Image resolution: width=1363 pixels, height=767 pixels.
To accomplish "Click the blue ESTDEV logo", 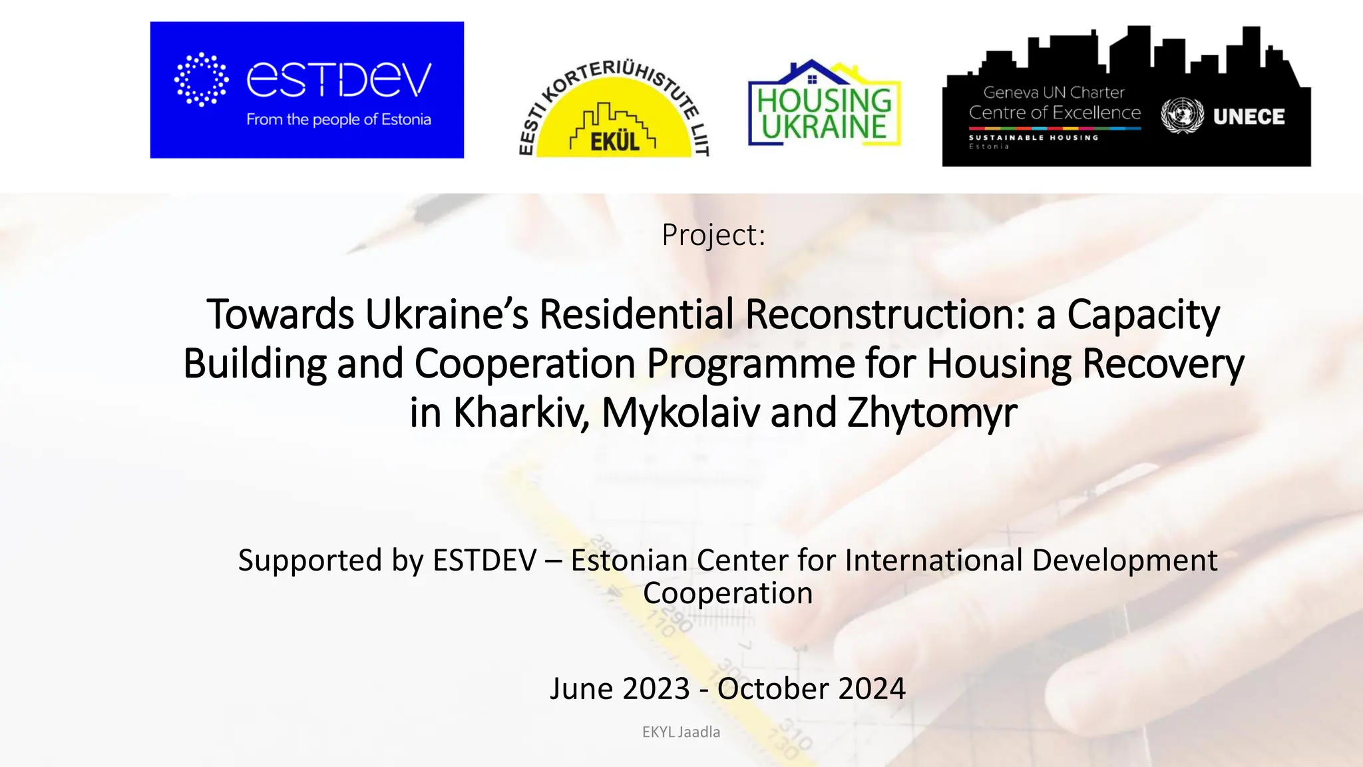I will pyautogui.click(x=307, y=90).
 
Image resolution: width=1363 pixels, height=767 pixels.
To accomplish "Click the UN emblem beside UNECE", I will pyautogui.click(x=1182, y=116).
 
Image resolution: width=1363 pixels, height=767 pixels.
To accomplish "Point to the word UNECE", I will pyautogui.click(x=1249, y=117).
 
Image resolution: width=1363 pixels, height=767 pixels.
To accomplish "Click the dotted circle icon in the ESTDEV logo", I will pyautogui.click(x=201, y=79).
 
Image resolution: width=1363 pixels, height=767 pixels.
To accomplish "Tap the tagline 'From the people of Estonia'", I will pyautogui.click(x=339, y=120).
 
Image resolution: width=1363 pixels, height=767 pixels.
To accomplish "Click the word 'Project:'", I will pyautogui.click(x=713, y=234).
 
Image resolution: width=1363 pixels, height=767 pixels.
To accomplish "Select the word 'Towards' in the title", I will pyautogui.click(x=280, y=314).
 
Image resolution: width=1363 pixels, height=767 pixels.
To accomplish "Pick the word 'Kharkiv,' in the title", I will pyautogui.click(x=521, y=413).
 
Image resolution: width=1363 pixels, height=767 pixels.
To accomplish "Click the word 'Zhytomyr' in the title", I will pyautogui.click(x=932, y=413).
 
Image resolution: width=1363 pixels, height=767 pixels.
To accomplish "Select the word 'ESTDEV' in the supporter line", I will pyautogui.click(x=485, y=561).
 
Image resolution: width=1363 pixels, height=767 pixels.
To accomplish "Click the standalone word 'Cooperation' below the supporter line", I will pyautogui.click(x=727, y=593).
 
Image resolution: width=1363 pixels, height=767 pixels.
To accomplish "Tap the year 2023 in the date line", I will pyautogui.click(x=655, y=688).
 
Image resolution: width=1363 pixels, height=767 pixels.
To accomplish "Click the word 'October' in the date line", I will pyautogui.click(x=772, y=688).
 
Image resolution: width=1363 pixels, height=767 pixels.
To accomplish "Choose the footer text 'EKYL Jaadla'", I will pyautogui.click(x=681, y=732).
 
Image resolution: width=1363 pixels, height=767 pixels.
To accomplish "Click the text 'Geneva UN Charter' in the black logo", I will pyautogui.click(x=1054, y=93).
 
